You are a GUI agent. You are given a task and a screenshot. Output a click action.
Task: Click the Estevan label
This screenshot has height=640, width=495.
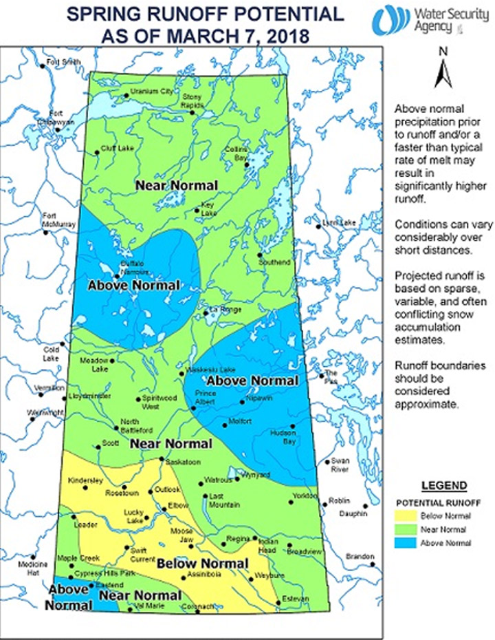294,599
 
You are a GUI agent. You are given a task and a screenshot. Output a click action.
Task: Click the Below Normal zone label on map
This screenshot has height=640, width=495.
203,564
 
